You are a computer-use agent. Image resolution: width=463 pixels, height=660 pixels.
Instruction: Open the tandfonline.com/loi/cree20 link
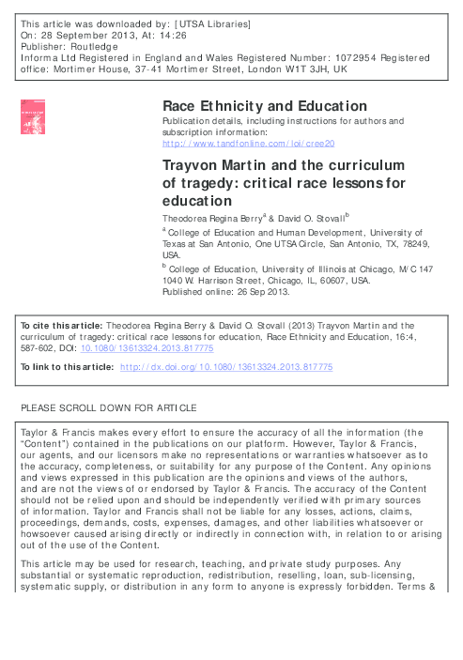(x=249, y=145)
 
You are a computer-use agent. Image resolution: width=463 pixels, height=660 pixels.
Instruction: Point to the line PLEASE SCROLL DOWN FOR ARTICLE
(x=108, y=408)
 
